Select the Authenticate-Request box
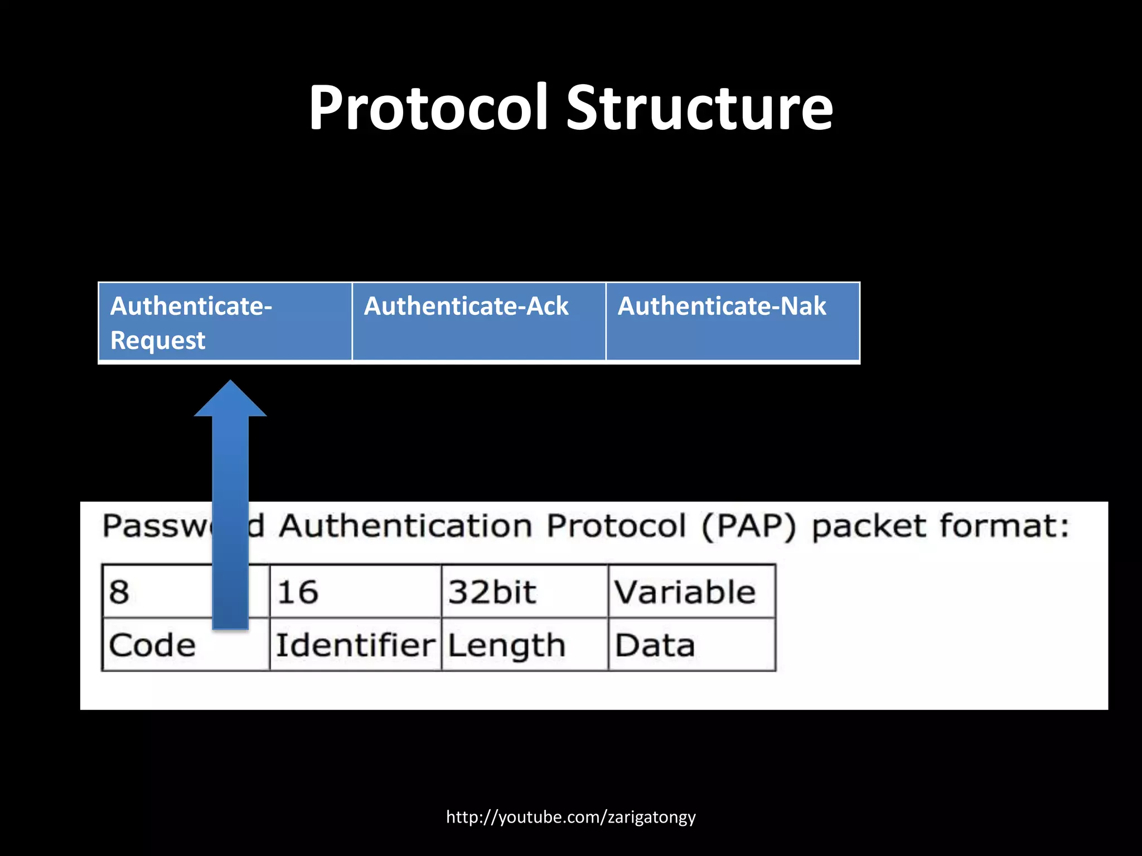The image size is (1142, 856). click(x=225, y=323)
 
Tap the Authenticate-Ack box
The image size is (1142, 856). click(x=478, y=323)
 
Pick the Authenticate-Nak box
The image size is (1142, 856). click(x=732, y=323)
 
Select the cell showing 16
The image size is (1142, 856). click(x=355, y=591)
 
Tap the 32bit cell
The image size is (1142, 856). click(x=524, y=591)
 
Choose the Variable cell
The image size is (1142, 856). click(x=691, y=591)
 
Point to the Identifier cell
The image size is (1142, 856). click(x=355, y=645)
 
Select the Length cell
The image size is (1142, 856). click(x=524, y=645)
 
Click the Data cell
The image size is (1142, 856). click(x=691, y=645)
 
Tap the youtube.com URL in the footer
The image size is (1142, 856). click(x=570, y=817)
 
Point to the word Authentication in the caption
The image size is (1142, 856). click(x=405, y=526)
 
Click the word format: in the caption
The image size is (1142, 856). click(x=1004, y=526)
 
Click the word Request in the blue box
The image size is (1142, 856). click(x=158, y=341)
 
